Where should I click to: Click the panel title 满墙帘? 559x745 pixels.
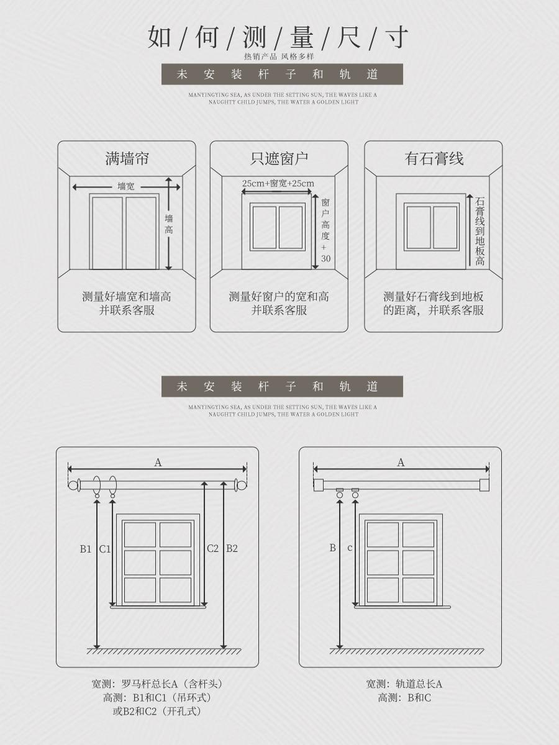(127, 158)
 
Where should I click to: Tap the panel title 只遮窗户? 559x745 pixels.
(279, 158)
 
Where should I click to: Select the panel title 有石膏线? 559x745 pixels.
(434, 158)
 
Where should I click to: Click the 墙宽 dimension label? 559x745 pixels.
(126, 186)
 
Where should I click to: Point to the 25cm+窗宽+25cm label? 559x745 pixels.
(278, 183)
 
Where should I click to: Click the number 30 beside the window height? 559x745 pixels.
(325, 259)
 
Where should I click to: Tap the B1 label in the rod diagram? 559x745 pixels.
(86, 549)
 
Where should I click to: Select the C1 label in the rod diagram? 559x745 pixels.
(105, 549)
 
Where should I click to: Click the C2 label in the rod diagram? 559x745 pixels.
(213, 548)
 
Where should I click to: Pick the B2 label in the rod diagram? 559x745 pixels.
(232, 548)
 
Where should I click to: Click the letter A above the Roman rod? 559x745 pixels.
(158, 463)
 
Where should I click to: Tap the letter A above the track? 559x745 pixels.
(401, 463)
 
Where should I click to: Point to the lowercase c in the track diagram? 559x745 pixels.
(350, 548)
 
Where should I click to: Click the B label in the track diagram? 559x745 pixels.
(333, 548)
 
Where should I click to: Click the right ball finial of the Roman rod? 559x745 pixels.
(242, 485)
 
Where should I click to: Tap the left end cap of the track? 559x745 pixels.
(318, 485)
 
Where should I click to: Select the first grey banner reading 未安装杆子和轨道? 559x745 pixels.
(282, 74)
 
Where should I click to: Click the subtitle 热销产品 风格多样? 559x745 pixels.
(279, 56)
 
